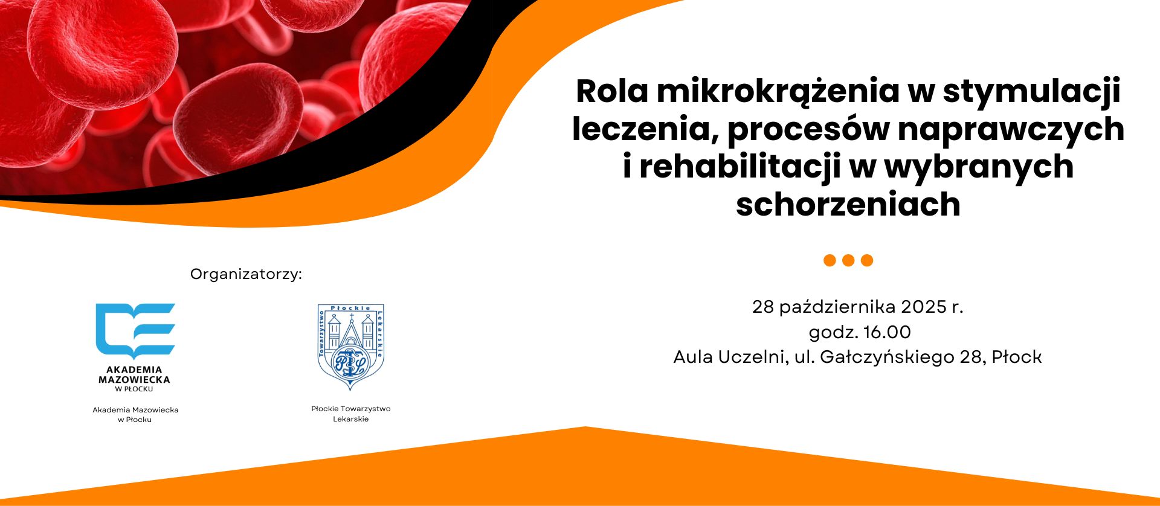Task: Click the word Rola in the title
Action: (612, 91)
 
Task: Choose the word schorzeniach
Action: (848, 204)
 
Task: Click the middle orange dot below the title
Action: (848, 260)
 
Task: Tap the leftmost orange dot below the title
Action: (830, 260)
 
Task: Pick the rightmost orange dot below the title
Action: (867, 260)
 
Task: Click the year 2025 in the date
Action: (923, 307)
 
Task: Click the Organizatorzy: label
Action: (246, 275)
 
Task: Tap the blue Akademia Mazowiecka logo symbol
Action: (135, 331)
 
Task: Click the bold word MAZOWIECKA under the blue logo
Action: (134, 380)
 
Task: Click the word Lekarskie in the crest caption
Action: (350, 419)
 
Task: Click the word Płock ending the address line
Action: (1017, 357)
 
